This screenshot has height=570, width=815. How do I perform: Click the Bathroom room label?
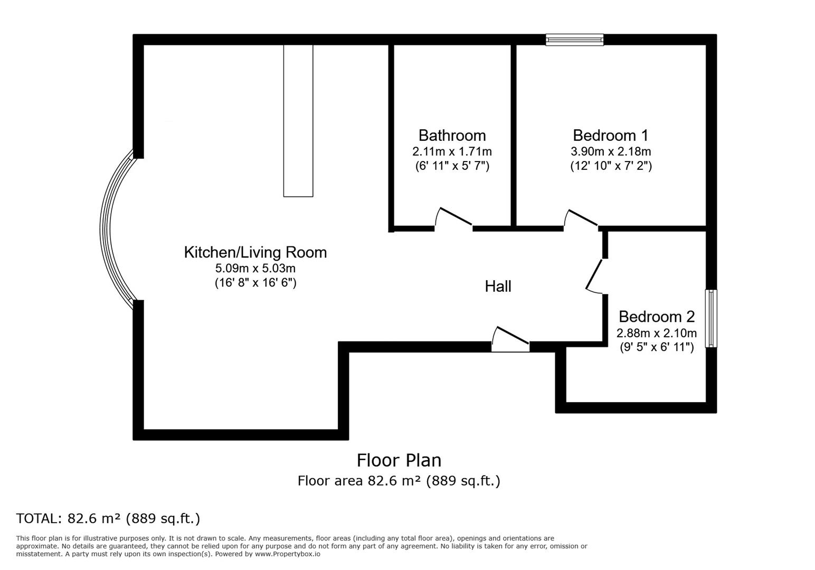(x=452, y=136)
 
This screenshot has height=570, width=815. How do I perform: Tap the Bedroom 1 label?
(x=611, y=136)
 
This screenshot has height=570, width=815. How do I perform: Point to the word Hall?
(x=498, y=287)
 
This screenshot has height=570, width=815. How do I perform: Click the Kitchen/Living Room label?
(x=255, y=252)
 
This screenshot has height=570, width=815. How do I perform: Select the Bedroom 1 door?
(x=581, y=219)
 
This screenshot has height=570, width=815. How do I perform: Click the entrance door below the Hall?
(x=510, y=339)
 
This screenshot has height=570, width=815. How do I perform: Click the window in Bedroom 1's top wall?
(x=574, y=40)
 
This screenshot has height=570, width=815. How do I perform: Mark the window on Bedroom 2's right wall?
(x=711, y=318)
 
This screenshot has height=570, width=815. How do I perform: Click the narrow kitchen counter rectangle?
(x=298, y=121)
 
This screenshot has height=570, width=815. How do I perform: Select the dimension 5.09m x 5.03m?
(x=255, y=269)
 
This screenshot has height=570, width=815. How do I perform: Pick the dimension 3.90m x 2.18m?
(x=611, y=151)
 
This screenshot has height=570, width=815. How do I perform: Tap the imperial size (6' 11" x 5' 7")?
(x=452, y=166)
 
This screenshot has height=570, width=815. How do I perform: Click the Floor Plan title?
(x=399, y=460)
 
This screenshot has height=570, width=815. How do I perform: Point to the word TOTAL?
(x=39, y=518)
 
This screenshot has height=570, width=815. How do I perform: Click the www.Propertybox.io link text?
(x=288, y=554)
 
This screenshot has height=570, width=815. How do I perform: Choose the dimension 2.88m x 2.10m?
(x=656, y=333)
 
